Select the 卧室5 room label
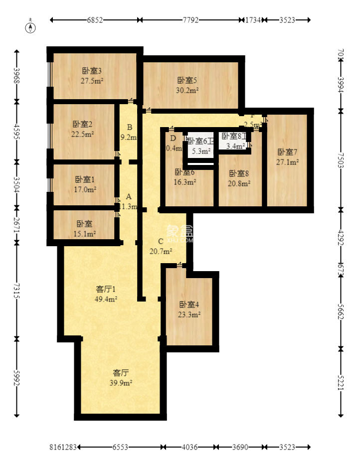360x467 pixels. coord(187,80)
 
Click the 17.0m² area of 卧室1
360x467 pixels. coord(85,189)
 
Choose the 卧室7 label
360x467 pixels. coord(287,152)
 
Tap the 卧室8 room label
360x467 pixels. coord(239,173)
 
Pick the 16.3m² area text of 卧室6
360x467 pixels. coord(184,182)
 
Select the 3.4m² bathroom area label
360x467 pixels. coord(235,147)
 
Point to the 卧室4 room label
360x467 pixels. coord(189,305)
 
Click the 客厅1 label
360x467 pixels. coord(106,289)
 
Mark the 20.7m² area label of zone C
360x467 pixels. coord(161,251)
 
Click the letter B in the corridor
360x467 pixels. coord(129,127)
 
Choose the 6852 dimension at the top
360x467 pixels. coord(94,20)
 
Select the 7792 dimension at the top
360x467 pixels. coord(190,20)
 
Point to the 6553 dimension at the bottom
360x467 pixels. coord(120,448)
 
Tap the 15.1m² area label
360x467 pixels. coord(85,233)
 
